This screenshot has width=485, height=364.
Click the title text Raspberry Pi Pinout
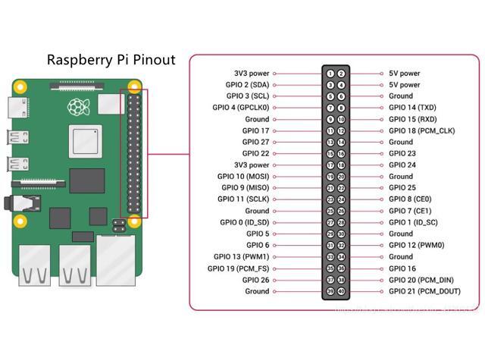111,59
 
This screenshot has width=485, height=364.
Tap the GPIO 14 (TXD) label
412,108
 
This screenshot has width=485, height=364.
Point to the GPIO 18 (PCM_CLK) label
421,130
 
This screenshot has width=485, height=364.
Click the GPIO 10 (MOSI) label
242,176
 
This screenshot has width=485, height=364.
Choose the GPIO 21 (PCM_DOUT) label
424,291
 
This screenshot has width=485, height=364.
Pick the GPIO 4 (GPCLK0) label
240,108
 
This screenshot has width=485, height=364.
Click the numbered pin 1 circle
330,74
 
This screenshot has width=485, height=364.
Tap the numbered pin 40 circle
342,291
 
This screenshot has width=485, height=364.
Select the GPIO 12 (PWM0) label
416,245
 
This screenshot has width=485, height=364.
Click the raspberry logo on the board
76,107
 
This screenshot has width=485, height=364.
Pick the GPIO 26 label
255,280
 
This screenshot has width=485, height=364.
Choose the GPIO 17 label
255,130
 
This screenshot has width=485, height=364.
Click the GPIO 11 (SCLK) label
242,199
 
